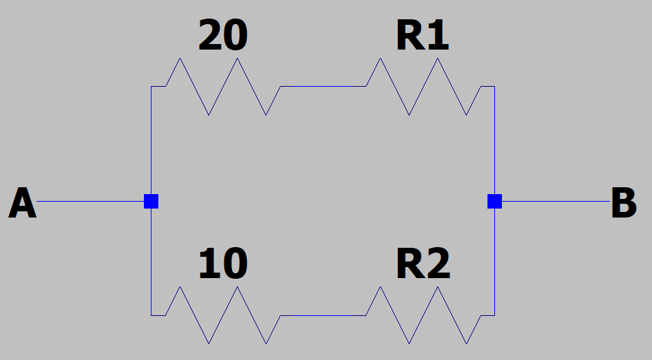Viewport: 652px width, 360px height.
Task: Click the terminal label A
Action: [23, 204]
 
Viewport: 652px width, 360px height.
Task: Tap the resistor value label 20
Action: [222, 36]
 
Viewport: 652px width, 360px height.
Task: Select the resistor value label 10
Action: [222, 264]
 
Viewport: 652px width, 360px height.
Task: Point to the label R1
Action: [422, 36]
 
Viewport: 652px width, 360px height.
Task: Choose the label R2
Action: [423, 264]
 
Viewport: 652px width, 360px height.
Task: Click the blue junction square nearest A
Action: [151, 202]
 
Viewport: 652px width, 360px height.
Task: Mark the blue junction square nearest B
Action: [494, 202]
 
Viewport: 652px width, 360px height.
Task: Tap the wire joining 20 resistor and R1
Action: [323, 87]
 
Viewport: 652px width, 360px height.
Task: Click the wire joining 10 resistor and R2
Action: [323, 315]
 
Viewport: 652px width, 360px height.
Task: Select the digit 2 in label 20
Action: [210, 36]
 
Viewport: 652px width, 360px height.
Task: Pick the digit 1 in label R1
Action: [439, 36]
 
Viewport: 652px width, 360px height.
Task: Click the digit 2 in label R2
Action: [439, 264]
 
